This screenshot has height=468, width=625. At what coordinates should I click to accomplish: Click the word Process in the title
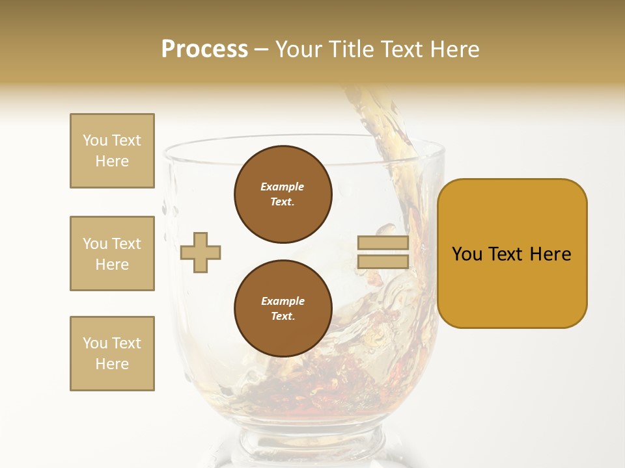[204, 49]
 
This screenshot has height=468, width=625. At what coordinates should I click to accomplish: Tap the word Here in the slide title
[454, 49]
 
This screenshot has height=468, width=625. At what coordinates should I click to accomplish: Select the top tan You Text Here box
[112, 151]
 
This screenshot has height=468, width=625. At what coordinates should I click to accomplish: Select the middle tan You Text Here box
[112, 253]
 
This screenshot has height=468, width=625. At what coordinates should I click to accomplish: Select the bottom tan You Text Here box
[112, 354]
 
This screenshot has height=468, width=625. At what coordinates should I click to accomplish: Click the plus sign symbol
[201, 252]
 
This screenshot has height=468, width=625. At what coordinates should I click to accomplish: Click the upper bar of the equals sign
[383, 243]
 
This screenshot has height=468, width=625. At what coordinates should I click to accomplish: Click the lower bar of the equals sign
[383, 261]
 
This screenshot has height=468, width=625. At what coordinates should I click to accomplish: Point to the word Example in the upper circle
[283, 187]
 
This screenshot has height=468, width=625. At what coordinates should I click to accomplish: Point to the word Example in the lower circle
[283, 301]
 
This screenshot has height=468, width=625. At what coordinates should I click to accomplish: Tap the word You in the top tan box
[94, 140]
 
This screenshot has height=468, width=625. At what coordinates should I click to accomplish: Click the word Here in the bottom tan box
[112, 364]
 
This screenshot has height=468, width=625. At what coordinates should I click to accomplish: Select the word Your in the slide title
[298, 49]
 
